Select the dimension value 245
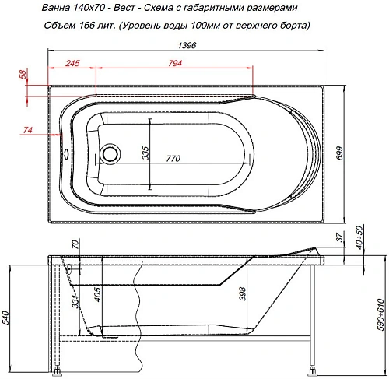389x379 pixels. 73,62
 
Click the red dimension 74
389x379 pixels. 26,129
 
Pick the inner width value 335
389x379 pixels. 145,153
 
